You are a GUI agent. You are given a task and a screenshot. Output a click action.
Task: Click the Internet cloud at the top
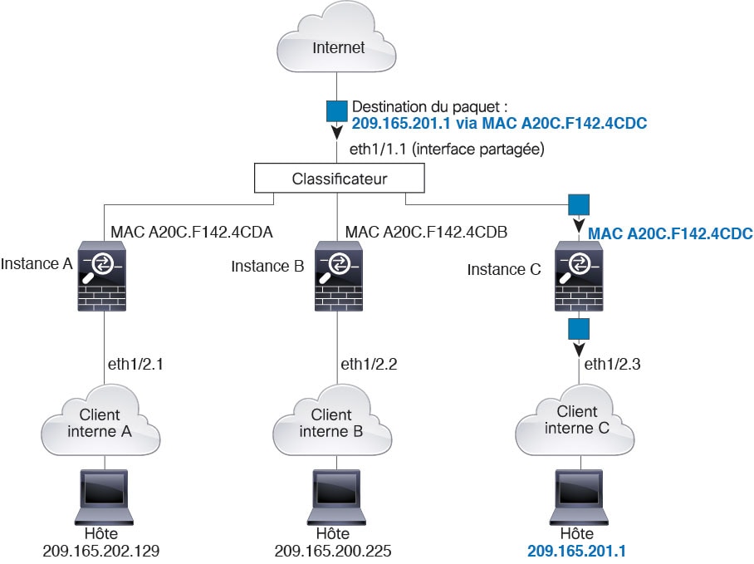(336, 37)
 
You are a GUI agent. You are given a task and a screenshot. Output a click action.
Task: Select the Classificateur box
(339, 178)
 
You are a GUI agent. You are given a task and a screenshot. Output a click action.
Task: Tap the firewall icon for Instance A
(102, 276)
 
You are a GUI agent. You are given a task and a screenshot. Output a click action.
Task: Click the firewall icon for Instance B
(339, 276)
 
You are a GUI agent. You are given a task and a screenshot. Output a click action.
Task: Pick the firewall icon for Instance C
(579, 276)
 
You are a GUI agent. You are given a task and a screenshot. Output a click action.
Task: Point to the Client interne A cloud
(100, 420)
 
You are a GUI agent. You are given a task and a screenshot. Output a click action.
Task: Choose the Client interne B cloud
(332, 420)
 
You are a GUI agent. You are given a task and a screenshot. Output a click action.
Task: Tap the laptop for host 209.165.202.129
(104, 497)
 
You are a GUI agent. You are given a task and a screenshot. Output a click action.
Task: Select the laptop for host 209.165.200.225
(336, 497)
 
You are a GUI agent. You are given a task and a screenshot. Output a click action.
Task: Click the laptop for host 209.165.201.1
(579, 497)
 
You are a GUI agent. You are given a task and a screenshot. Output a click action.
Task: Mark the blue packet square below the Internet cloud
(336, 111)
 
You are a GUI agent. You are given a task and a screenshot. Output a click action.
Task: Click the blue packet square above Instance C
(579, 205)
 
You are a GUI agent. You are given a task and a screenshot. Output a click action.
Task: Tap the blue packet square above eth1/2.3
(579, 330)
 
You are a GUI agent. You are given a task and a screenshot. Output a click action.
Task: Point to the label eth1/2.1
(135, 364)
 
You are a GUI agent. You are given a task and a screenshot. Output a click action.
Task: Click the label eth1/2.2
(369, 364)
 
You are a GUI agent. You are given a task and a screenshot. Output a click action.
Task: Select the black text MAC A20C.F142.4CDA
(191, 233)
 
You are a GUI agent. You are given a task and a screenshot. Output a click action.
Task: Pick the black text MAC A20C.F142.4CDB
(426, 233)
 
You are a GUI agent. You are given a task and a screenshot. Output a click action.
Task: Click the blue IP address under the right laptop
(576, 551)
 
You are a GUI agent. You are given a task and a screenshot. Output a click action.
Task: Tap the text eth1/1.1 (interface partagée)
(447, 149)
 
